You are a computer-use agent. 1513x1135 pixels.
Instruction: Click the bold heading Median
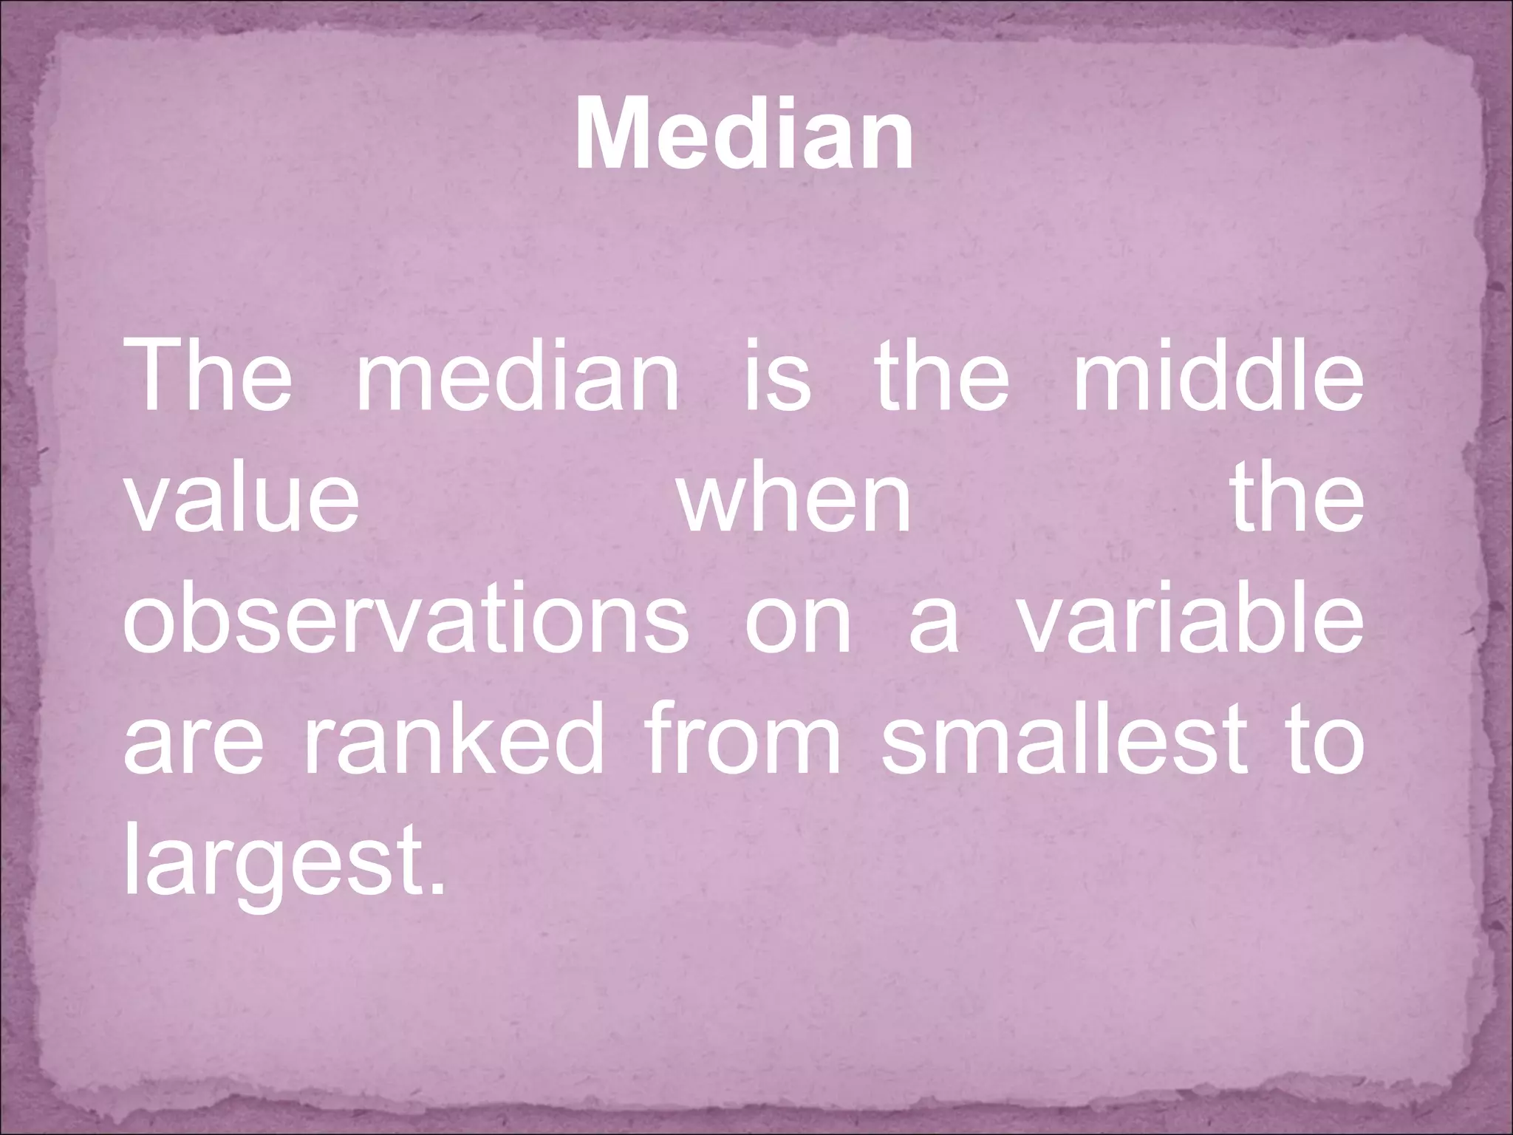coord(744,136)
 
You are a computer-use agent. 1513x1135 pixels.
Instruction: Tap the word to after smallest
coord(1317,739)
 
